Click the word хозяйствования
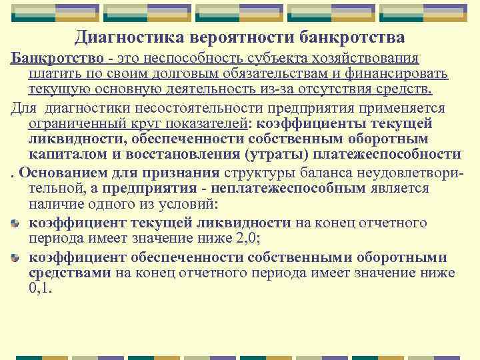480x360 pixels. pyautogui.click(x=369, y=59)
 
